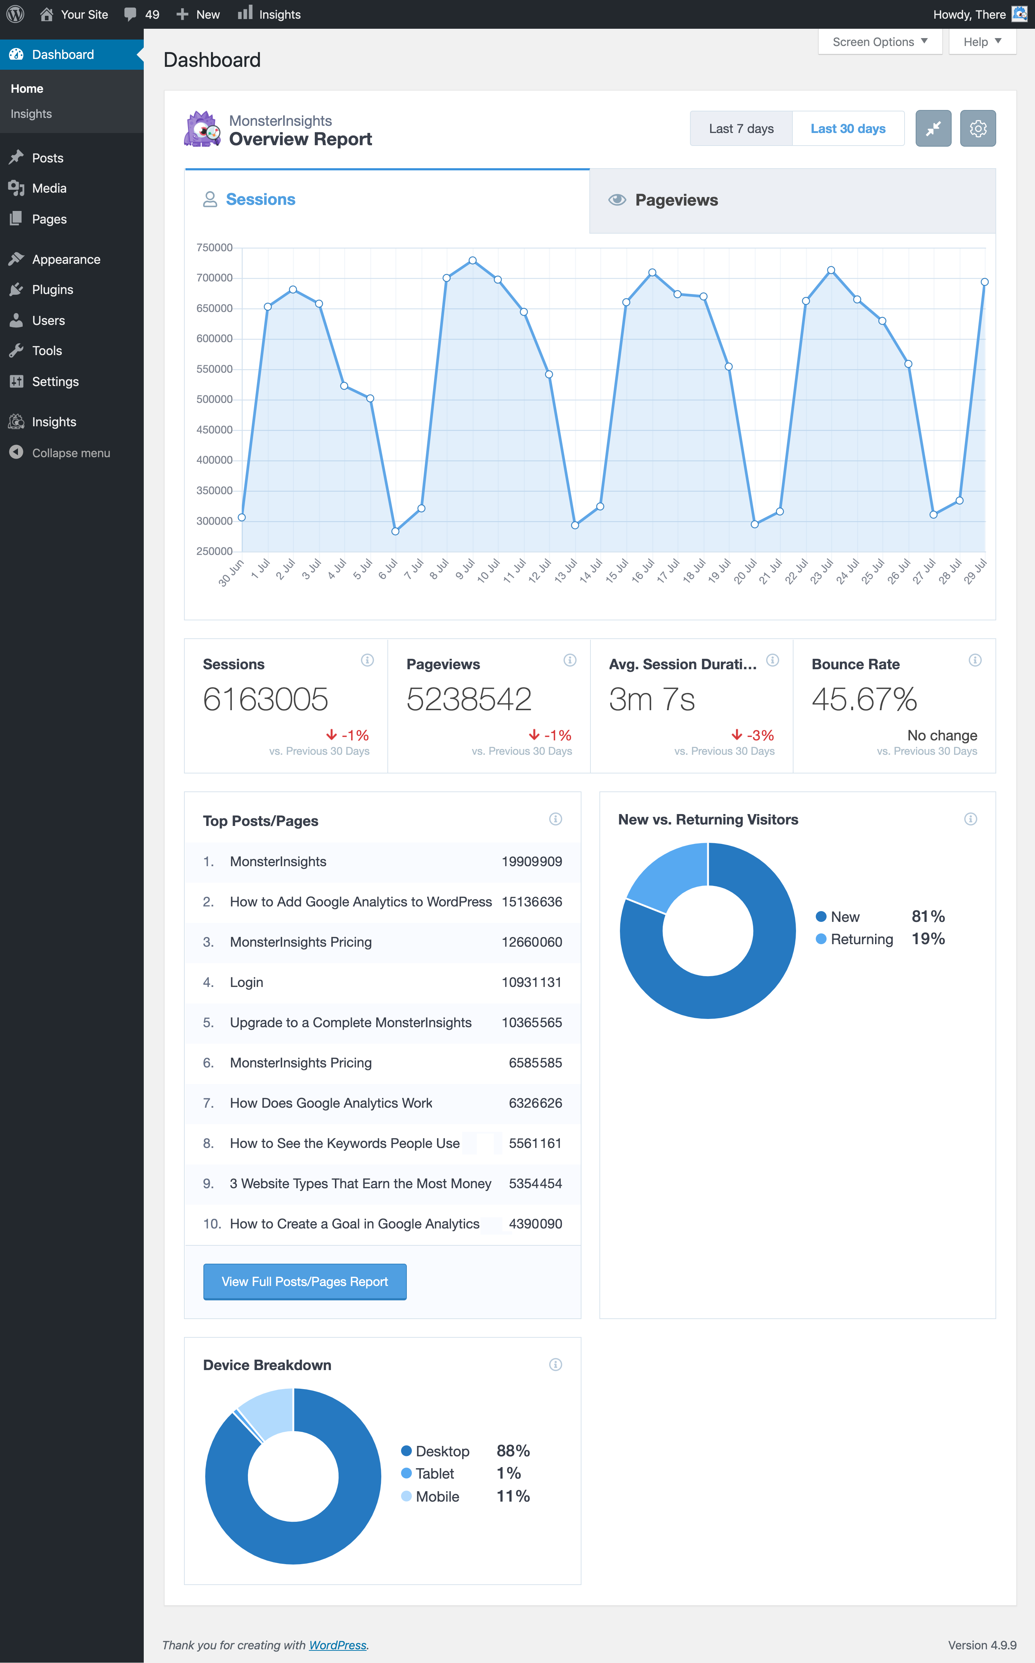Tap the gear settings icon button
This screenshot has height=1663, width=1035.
point(977,129)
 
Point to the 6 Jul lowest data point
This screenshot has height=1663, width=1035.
point(395,531)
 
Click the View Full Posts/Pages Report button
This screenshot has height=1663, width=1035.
point(305,1282)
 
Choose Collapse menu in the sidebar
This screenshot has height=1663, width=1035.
point(70,453)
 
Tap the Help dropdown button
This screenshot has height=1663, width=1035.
point(981,42)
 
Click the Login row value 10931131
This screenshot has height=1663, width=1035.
point(531,983)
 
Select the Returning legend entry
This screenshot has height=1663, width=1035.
point(861,940)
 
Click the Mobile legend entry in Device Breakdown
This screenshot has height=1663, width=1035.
point(437,1497)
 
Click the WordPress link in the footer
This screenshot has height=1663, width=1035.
point(337,1645)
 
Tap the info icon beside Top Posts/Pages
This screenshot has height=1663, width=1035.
point(555,819)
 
